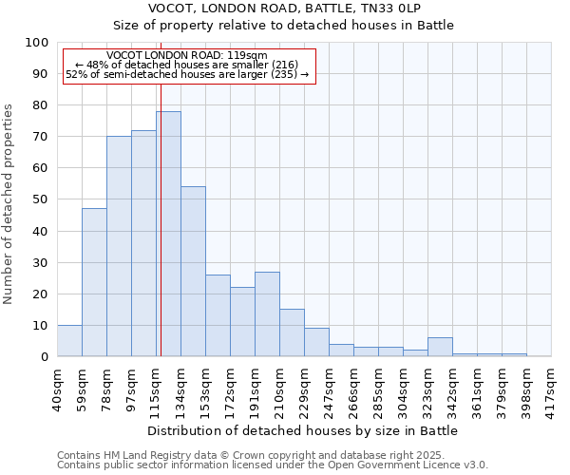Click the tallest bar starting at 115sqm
168,234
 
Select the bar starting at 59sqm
94,282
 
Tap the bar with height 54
193,272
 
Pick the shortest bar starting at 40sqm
69,340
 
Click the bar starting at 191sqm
267,313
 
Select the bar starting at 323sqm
440,347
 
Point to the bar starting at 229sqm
316,342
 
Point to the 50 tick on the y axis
40,199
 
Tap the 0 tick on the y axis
44,356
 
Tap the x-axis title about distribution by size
303,430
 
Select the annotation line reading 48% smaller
187,65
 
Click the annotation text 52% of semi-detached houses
187,74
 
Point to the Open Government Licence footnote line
273,465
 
